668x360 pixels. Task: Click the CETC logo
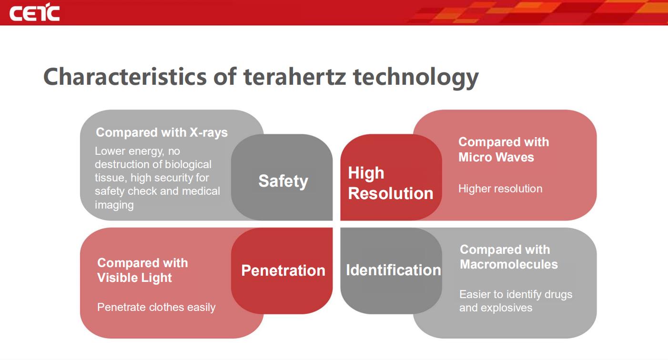coord(34,12)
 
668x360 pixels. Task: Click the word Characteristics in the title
coord(125,76)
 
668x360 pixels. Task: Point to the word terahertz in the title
coord(294,76)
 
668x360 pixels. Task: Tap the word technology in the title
coord(416,78)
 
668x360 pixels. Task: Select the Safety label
coord(283,181)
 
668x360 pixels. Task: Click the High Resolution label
coord(390,183)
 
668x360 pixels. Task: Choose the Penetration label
coord(283,270)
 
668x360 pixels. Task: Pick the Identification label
coord(394,270)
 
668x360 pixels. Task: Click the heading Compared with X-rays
coord(162,132)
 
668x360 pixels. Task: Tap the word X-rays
coord(209,132)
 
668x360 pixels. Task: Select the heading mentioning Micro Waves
coord(504,150)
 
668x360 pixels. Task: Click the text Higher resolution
coord(500,189)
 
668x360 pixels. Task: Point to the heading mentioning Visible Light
coord(142,270)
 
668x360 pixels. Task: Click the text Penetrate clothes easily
coord(156,307)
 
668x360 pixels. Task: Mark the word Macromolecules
coord(509,264)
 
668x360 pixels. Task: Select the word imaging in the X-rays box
coord(114,205)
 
